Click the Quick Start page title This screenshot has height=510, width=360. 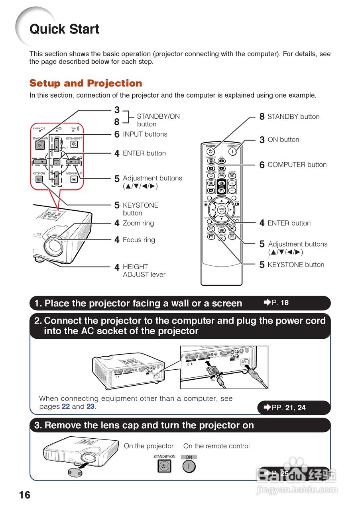tap(64, 29)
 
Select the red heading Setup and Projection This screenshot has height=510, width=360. tap(86, 83)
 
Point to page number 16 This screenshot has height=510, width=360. tap(24, 495)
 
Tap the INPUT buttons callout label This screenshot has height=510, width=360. tap(145, 134)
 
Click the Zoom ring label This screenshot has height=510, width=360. tap(138, 223)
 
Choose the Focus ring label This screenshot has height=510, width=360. tap(139, 240)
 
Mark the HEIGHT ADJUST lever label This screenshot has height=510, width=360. tap(144, 271)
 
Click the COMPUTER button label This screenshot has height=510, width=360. tap(297, 165)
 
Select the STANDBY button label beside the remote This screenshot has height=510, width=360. tap(293, 117)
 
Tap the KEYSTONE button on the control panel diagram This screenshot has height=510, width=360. tap(39, 179)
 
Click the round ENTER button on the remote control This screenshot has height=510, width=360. tap(222, 210)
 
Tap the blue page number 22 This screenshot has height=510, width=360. tap(66, 407)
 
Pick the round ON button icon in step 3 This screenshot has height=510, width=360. tap(189, 466)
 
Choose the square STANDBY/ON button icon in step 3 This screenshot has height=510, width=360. tap(164, 466)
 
